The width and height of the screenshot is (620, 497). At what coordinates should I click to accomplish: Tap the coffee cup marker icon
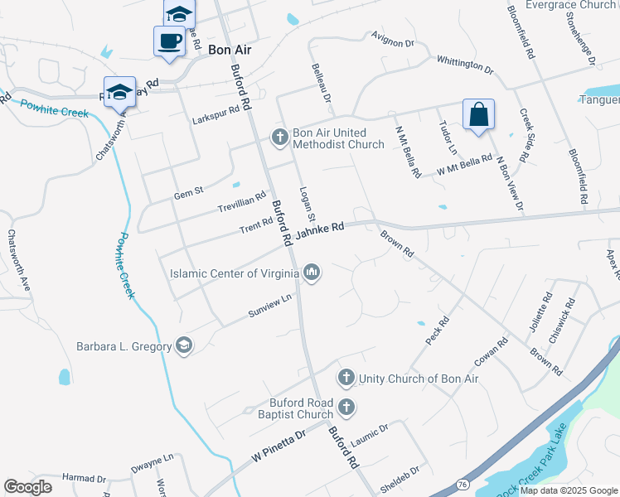pos(169,40)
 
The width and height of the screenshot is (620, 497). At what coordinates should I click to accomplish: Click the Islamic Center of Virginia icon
pos(312,272)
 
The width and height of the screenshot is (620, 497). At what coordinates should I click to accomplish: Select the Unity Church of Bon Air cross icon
pos(346,379)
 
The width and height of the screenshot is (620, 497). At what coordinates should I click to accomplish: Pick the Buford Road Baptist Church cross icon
pos(346,407)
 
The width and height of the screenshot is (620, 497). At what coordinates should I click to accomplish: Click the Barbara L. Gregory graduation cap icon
pos(184,346)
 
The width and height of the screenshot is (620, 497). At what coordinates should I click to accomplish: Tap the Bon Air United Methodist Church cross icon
pos(280,137)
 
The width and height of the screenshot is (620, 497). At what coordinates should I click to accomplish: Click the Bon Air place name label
pos(230,50)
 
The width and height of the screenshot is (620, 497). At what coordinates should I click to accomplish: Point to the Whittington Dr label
pos(464,65)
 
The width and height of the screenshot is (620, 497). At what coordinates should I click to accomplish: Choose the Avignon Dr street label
pos(392,39)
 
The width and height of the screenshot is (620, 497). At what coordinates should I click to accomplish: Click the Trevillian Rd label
pos(241,200)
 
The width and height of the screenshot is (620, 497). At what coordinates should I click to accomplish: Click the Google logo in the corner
pos(28,487)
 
